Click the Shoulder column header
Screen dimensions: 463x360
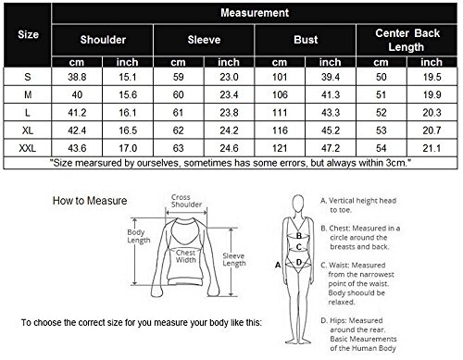(103, 40)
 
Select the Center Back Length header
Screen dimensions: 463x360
(407, 40)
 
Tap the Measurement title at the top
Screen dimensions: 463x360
(255, 13)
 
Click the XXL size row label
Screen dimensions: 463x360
(28, 148)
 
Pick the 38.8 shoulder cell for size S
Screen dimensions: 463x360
(77, 77)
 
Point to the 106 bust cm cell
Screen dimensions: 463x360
(280, 94)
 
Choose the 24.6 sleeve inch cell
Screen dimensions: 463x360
(229, 148)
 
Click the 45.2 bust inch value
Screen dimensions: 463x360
(331, 130)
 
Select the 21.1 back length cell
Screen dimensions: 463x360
(432, 148)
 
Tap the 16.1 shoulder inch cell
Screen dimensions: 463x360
(128, 113)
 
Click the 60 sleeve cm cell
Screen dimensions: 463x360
(178, 94)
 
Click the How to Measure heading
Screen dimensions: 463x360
(90, 201)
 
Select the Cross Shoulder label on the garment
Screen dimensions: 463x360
(186, 201)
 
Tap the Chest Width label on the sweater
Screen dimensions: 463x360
(185, 256)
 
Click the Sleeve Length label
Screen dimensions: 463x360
(234, 260)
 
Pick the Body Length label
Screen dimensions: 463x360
(139, 236)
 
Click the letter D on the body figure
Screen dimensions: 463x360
(299, 263)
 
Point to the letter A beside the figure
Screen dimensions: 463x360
(278, 265)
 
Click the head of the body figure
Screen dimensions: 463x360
(298, 204)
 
